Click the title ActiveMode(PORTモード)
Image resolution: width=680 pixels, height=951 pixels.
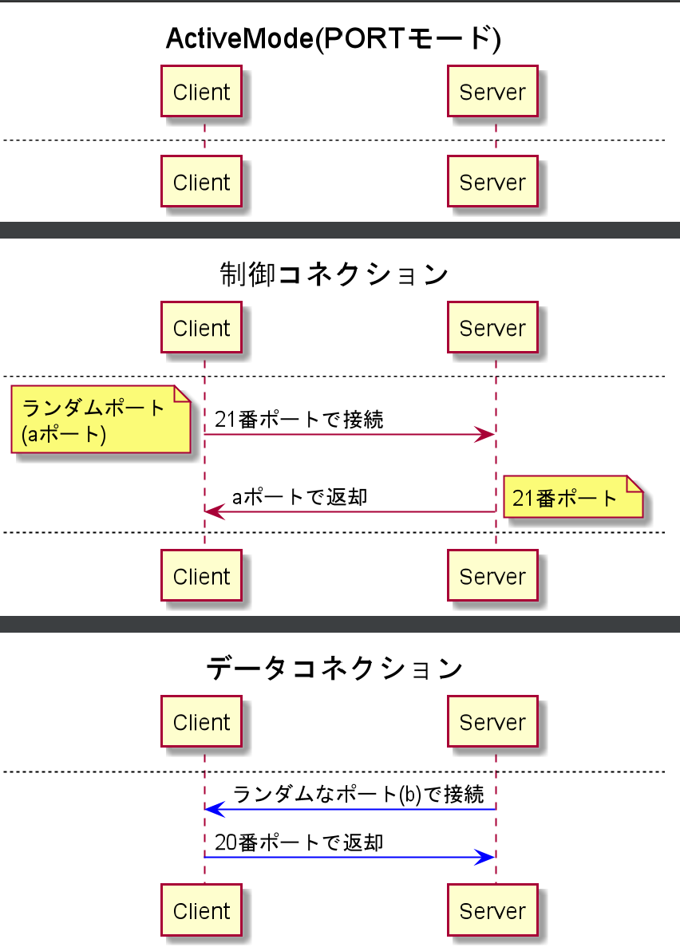(333, 38)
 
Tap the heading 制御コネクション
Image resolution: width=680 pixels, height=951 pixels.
(333, 274)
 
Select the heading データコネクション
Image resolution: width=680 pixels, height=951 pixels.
(334, 669)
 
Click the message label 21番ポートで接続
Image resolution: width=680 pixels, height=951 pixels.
(298, 420)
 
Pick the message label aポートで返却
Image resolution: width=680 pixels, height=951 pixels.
(299, 497)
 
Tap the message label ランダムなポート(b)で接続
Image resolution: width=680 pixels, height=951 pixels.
(358, 795)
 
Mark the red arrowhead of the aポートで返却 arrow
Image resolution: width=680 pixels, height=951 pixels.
(215, 511)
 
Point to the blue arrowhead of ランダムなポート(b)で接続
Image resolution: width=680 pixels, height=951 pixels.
(215, 809)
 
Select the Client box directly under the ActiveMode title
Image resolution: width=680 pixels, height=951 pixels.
(201, 93)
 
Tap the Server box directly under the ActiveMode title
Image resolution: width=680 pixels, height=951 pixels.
(492, 93)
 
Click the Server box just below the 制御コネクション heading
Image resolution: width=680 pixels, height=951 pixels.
(492, 328)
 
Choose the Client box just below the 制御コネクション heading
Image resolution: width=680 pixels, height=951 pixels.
(201, 328)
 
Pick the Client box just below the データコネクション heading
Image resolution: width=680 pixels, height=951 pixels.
(201, 723)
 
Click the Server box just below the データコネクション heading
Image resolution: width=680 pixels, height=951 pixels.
(492, 723)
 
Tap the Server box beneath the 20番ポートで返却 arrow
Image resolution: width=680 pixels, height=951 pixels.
(492, 911)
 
